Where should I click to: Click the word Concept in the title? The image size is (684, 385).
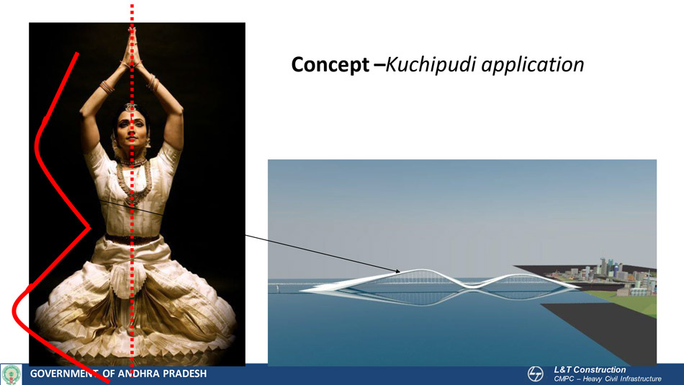coord(330,65)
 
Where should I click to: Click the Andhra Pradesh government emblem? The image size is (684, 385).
coord(12,374)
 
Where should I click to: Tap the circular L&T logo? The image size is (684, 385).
coord(535,374)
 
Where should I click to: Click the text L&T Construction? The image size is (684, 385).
coord(590,370)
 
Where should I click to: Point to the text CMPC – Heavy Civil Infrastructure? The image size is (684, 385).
coord(608,379)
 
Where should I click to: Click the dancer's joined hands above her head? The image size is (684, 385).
coord(131,48)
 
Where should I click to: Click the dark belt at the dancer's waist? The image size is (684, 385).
coord(132,239)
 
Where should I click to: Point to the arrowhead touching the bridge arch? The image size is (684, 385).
coord(397,271)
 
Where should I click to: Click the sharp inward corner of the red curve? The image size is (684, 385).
coord(89,227)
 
